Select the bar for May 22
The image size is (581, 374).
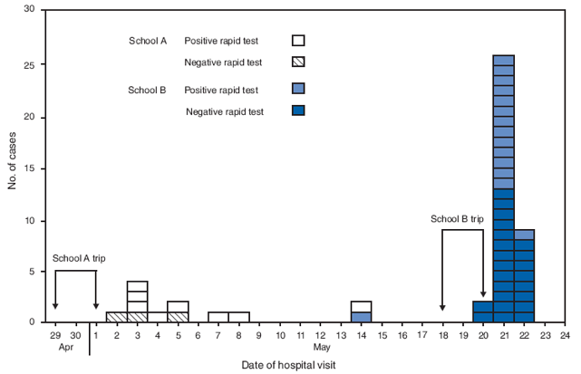coord(524,276)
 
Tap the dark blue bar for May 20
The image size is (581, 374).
coord(483,312)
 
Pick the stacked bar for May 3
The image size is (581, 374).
coord(137,302)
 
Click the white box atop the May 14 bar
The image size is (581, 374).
coord(361,306)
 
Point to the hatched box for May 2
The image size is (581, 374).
coord(116,317)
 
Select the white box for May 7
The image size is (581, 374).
coord(218,317)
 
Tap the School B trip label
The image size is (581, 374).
coord(457,220)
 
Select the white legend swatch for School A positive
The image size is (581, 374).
coord(298,41)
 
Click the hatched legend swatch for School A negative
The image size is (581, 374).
coord(298,62)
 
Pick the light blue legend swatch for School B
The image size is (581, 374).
coord(298,89)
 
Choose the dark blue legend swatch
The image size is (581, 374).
coord(298,110)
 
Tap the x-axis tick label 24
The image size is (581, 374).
coord(565,335)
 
